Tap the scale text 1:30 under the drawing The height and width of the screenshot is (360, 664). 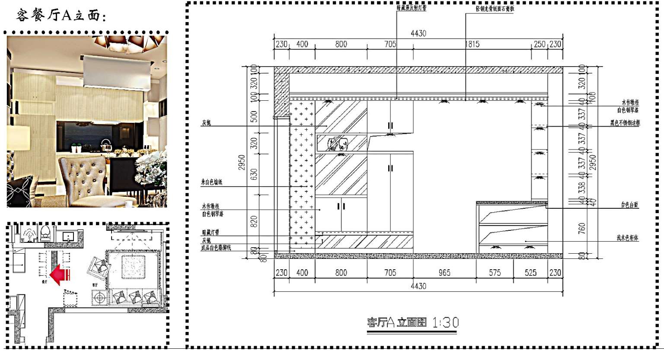pyautogui.click(x=445, y=322)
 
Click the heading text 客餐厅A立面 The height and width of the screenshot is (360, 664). pyautogui.click(x=61, y=16)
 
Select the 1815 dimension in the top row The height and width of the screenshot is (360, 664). pyautogui.click(x=472, y=44)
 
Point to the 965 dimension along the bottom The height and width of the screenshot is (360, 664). pyautogui.click(x=444, y=273)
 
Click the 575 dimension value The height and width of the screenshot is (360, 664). pyautogui.click(x=495, y=273)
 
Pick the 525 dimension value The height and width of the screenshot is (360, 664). pyautogui.click(x=530, y=273)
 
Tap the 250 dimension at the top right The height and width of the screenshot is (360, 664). pyautogui.click(x=539, y=44)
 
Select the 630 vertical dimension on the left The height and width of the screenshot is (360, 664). pyautogui.click(x=254, y=175)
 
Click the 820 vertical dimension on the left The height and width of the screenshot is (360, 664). pyautogui.click(x=254, y=221)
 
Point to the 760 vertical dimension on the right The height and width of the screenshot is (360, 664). pyautogui.click(x=582, y=228)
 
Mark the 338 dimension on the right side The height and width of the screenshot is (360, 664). pyautogui.click(x=582, y=187)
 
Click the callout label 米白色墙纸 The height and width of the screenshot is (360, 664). pyautogui.click(x=211, y=182)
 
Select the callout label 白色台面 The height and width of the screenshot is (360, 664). pyautogui.click(x=629, y=205)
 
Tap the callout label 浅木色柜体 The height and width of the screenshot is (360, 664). pyautogui.click(x=628, y=238)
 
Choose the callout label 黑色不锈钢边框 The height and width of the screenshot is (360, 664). pyautogui.click(x=625, y=123)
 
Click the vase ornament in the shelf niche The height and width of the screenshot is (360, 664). pyautogui.click(x=337, y=143)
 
